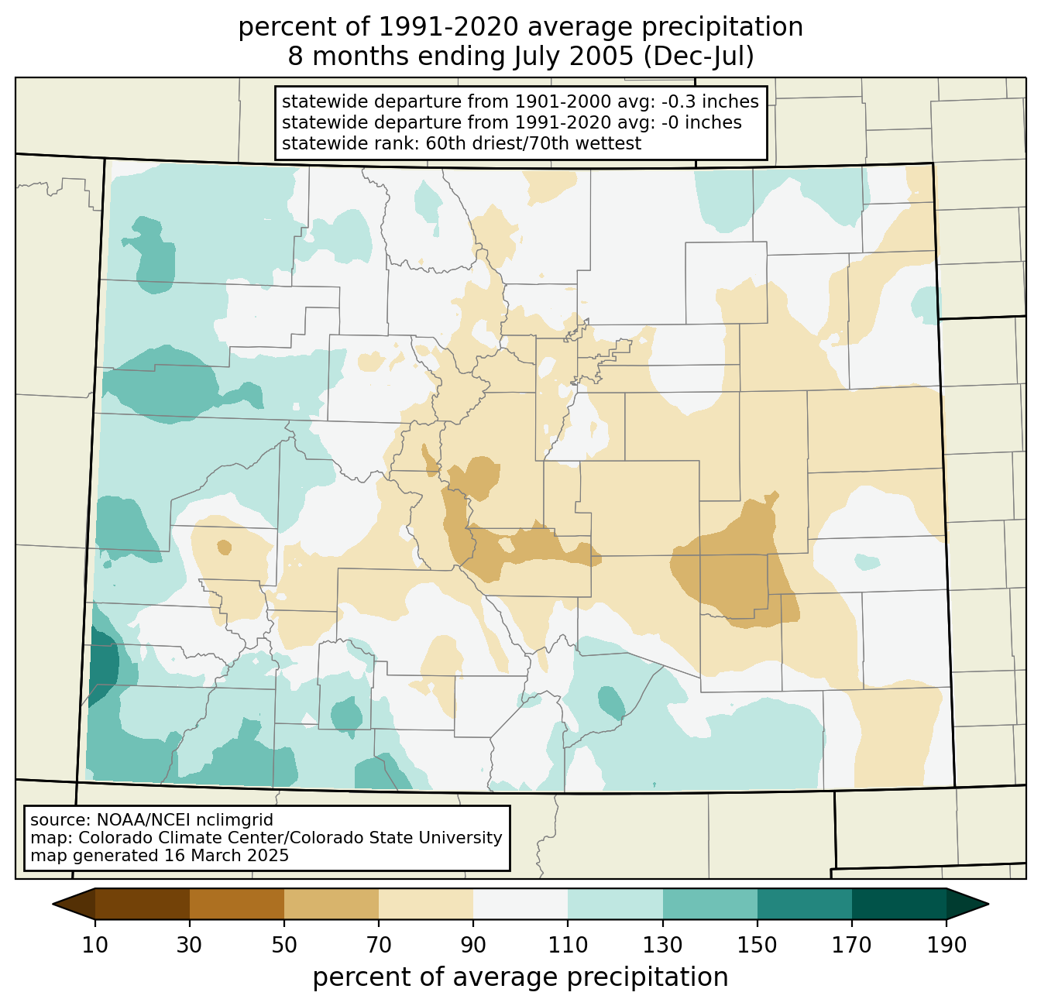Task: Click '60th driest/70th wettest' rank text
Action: coord(534,143)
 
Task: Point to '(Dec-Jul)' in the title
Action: coord(698,57)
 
